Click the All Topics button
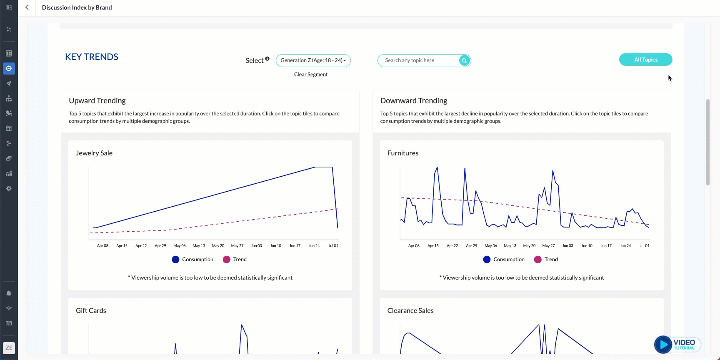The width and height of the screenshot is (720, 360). pos(645,60)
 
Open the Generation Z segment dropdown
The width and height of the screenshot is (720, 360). pos(313,60)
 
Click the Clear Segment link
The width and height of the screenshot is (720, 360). pos(311,75)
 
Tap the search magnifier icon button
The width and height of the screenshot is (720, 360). pos(464,60)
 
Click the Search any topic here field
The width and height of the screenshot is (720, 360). pos(419,60)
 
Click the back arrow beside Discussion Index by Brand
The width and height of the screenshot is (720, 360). pos(27,7)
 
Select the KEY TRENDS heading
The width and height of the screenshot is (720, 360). pos(92,57)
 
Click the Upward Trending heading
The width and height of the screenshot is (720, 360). pos(97,101)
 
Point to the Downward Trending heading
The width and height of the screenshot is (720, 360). pos(413,101)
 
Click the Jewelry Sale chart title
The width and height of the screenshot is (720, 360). pos(94,153)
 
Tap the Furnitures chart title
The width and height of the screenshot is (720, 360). pos(402,153)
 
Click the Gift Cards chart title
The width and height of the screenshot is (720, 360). pos(91,311)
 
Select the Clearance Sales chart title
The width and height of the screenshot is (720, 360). pos(410,311)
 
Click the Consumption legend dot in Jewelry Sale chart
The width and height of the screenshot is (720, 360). pos(175,260)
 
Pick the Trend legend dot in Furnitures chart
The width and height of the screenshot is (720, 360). pos(537,260)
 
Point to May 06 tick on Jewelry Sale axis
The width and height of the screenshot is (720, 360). pos(180,246)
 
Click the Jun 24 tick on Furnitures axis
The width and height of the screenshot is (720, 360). pos(625,246)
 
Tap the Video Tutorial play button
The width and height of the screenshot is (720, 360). pos(663,345)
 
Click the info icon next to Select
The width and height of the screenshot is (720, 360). pos(267,59)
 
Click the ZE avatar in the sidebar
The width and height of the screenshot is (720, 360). pos(9,348)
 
